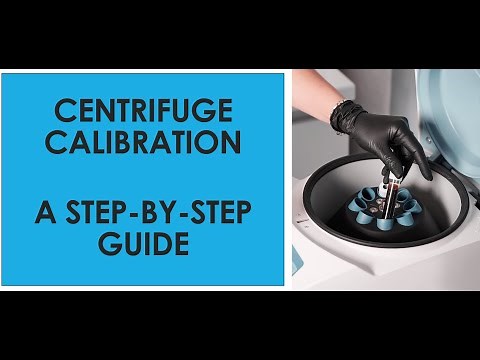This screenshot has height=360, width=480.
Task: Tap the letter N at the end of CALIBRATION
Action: (x=231, y=142)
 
